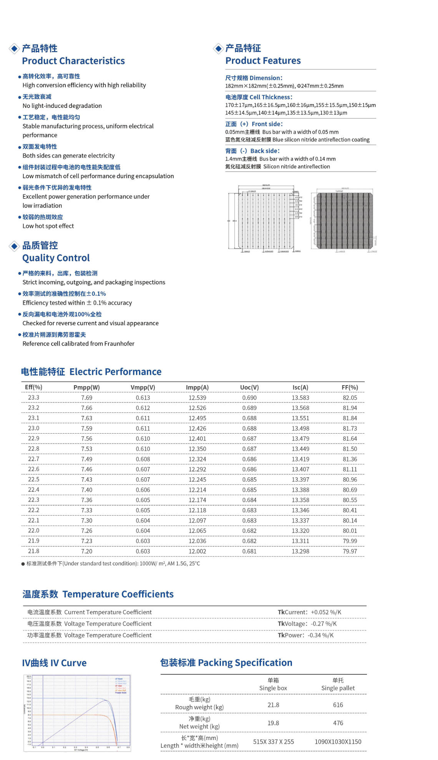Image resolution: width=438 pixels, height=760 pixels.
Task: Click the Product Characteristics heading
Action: tap(73, 61)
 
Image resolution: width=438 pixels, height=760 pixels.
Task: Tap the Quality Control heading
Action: tap(56, 258)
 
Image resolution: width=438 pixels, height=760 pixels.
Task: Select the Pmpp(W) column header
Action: tap(86, 387)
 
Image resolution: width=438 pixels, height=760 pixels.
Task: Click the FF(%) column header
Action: tap(350, 387)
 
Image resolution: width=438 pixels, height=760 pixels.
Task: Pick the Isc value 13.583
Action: tap(300, 398)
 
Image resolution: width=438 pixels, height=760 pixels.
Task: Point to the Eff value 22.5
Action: tap(33, 480)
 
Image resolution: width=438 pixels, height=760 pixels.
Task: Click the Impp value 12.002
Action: tap(197, 551)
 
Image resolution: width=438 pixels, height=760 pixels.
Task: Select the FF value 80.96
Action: tap(350, 480)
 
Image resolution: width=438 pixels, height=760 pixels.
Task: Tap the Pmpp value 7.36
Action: tap(86, 500)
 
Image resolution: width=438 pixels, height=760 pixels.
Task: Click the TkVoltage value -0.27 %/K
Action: tap(324, 624)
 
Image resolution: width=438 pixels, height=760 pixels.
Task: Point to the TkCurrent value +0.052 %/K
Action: tap(326, 612)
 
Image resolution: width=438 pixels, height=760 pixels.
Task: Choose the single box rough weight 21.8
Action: tap(273, 705)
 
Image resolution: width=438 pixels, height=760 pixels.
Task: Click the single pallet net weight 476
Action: tap(338, 723)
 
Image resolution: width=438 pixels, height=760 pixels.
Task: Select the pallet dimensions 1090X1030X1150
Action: tap(338, 742)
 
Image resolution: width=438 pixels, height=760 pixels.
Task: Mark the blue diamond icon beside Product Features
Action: tap(218, 48)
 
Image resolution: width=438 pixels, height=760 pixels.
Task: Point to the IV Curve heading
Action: tap(54, 663)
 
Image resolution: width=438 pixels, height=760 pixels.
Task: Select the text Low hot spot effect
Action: tap(48, 226)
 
